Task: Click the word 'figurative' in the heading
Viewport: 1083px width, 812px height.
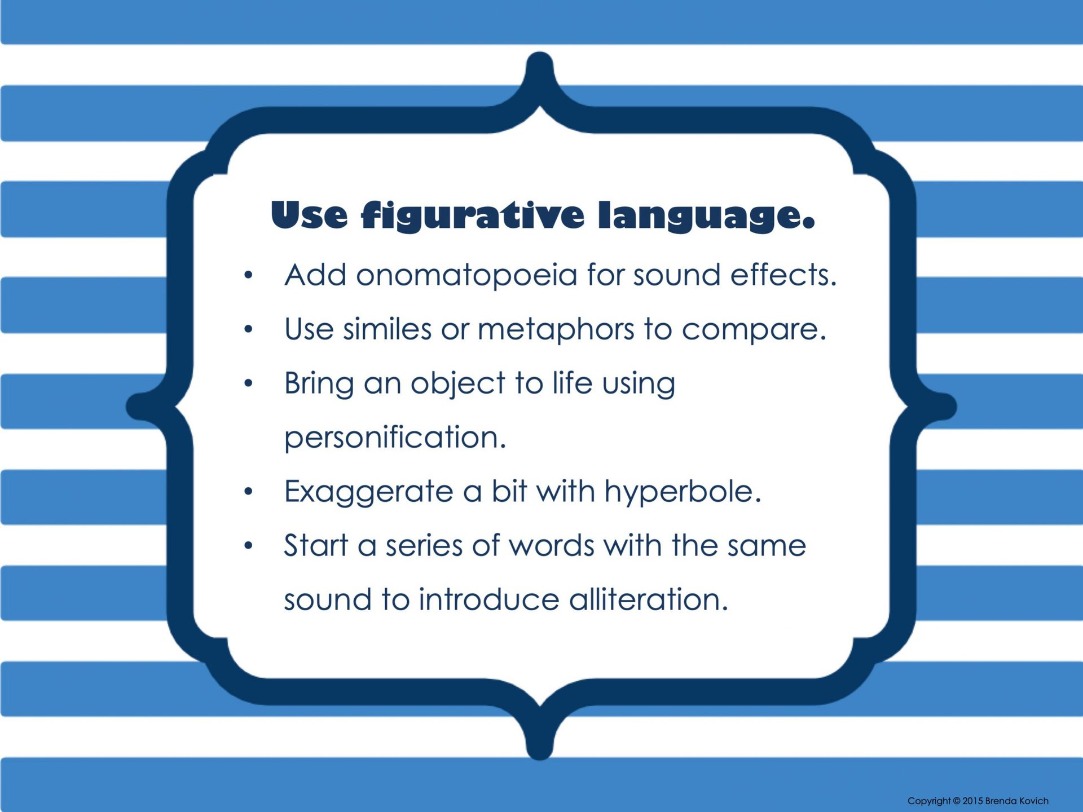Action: tap(473, 215)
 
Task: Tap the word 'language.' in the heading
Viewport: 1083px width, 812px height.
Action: tap(707, 217)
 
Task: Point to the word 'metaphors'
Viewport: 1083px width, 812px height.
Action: tap(556, 330)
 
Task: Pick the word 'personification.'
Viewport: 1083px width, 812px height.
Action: tap(395, 438)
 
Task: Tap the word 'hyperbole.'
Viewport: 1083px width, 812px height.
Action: tap(683, 492)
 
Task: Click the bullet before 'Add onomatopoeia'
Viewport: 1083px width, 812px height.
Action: tap(248, 275)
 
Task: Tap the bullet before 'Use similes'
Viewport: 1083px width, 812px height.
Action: tap(248, 329)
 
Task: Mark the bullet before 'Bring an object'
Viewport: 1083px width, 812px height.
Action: tap(248, 383)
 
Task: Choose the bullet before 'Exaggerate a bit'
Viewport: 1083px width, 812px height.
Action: tap(248, 492)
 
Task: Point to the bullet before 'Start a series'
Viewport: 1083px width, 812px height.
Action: tap(248, 546)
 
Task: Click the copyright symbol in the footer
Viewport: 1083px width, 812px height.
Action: tap(957, 801)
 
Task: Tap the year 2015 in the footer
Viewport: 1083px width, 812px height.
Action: tap(973, 801)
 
